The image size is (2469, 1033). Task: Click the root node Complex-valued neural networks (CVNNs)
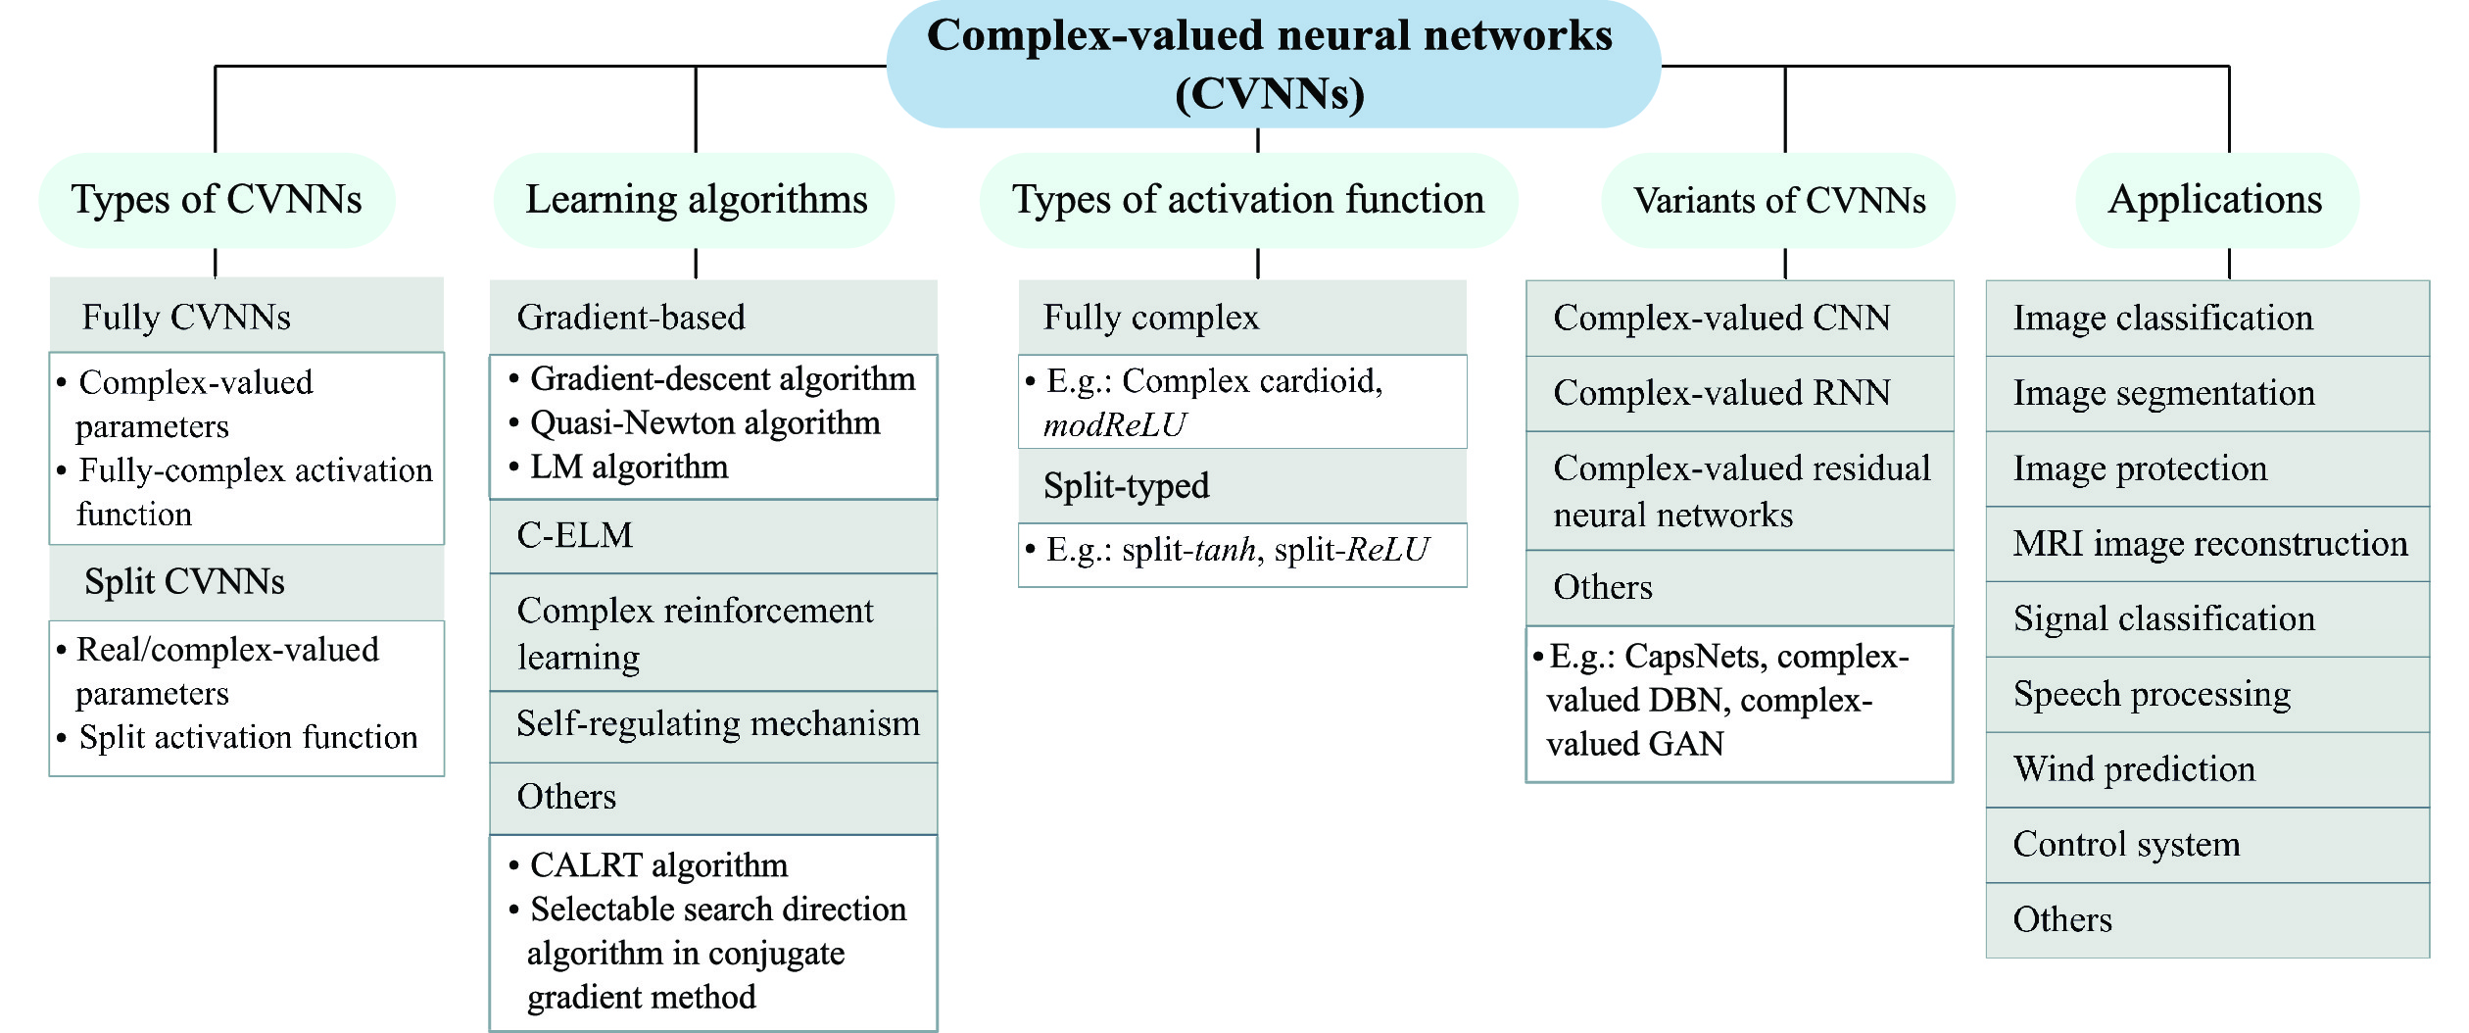point(1272,64)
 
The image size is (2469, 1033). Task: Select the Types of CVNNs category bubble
point(217,200)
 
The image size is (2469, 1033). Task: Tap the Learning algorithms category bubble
point(696,200)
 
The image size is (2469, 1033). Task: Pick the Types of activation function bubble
point(1248,200)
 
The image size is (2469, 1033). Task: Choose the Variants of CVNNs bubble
point(1778,200)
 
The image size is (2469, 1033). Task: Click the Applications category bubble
point(2216,200)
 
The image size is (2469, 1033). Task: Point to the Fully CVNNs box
point(246,317)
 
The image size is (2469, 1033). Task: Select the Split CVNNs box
point(246,582)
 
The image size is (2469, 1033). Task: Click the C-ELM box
point(713,536)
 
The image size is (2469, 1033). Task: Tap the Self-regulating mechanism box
point(713,725)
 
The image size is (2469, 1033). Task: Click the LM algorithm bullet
point(628,467)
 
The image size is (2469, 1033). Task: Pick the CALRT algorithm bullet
point(658,865)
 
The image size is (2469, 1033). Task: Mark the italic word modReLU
point(1114,425)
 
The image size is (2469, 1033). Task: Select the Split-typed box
point(1242,486)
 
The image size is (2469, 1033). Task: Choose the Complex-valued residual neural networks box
point(1739,491)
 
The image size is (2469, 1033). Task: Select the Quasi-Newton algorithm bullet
point(704,423)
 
